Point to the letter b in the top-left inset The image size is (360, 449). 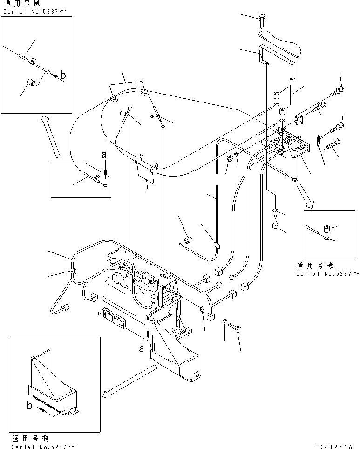64,75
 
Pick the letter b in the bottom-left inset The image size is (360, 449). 30,406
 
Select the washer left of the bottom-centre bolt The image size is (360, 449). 225,321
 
